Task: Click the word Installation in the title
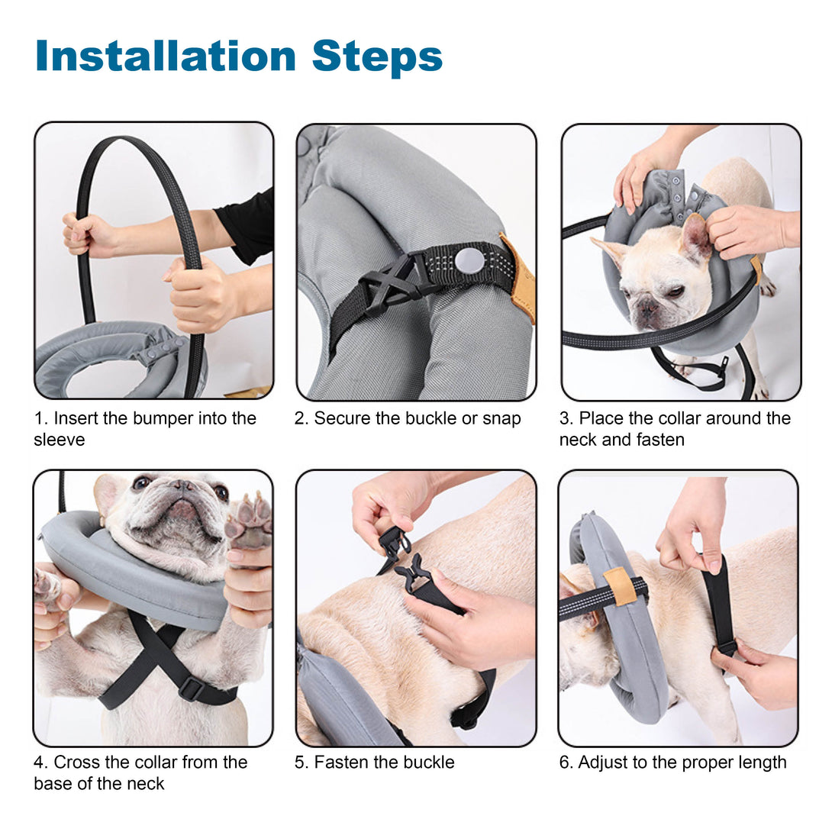pos(166,56)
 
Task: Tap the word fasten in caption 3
pos(658,440)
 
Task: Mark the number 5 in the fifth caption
pos(300,763)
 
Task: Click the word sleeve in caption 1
pos(60,440)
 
